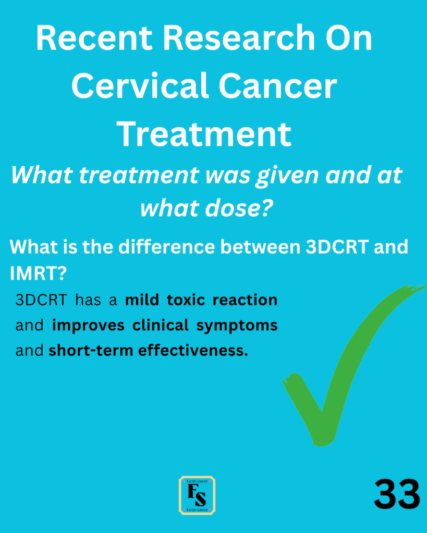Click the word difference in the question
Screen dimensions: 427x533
click(166, 246)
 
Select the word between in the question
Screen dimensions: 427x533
click(261, 246)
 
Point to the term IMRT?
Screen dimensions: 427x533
click(38, 274)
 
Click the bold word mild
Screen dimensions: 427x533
click(142, 300)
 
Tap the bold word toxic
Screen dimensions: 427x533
click(186, 300)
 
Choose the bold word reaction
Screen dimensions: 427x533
click(245, 300)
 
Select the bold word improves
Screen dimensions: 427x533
click(88, 326)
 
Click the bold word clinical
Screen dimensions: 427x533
click(161, 325)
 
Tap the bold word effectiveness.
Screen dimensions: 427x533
click(193, 351)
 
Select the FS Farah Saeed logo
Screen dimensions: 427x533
click(197, 495)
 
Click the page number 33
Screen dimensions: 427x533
click(397, 494)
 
